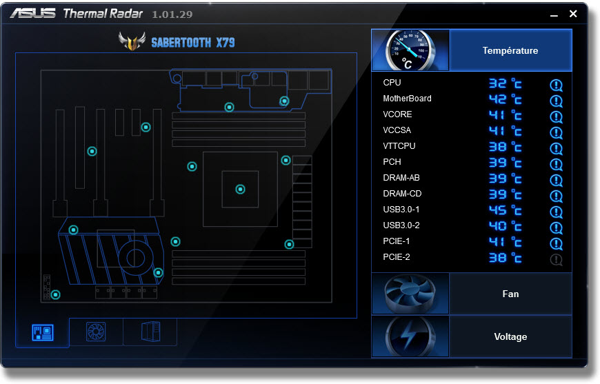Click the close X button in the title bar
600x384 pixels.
pyautogui.click(x=573, y=14)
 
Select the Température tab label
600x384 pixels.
pyautogui.click(x=510, y=50)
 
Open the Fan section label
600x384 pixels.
pyautogui.click(x=510, y=294)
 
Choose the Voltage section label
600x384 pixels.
pyautogui.click(x=510, y=336)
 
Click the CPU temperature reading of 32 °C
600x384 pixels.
pyautogui.click(x=505, y=83)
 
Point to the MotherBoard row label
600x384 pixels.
pyautogui.click(x=407, y=99)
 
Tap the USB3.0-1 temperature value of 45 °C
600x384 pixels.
pyautogui.click(x=505, y=210)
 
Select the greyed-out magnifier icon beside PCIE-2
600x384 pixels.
pyautogui.click(x=557, y=260)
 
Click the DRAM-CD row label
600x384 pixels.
pyautogui.click(x=402, y=194)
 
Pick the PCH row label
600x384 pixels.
pyautogui.click(x=392, y=162)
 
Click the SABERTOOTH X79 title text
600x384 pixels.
pyautogui.click(x=192, y=43)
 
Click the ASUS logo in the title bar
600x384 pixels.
pyautogui.click(x=33, y=14)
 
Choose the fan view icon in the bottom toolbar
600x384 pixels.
pyautogui.click(x=96, y=332)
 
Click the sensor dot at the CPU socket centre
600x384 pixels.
pyautogui.click(x=240, y=189)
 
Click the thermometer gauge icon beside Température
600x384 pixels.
pyautogui.click(x=410, y=50)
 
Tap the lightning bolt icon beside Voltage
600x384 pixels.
pyautogui.click(x=410, y=337)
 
